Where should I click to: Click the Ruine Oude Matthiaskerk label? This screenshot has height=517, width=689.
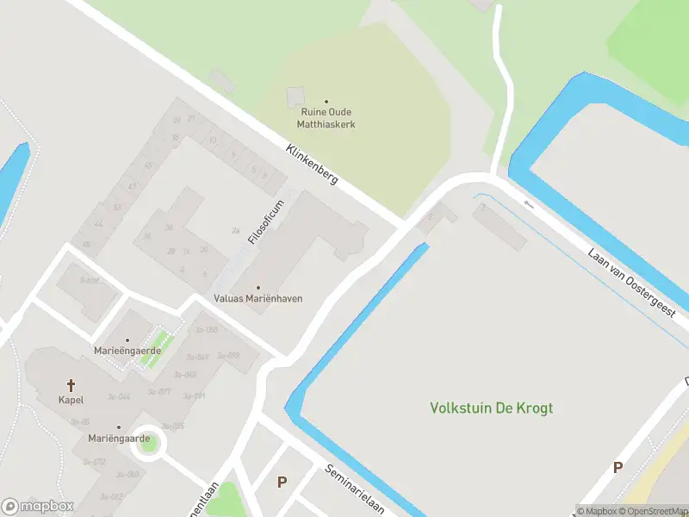[x=326, y=118]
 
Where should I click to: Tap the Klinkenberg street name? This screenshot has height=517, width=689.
[x=312, y=167]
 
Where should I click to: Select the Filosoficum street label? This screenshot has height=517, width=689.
[x=266, y=221]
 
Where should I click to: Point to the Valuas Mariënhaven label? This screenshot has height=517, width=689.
[x=258, y=298]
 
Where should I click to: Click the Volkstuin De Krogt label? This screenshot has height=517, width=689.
[x=492, y=408]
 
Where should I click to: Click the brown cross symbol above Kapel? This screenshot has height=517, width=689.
[x=71, y=385]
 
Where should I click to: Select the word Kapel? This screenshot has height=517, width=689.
[x=71, y=401]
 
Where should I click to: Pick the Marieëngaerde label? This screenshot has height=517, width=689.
[x=127, y=351]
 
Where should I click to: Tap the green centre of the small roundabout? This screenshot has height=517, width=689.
[x=149, y=443]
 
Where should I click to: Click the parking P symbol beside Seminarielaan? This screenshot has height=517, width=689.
[x=282, y=483]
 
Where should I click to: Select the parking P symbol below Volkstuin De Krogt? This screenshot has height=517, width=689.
[x=617, y=468]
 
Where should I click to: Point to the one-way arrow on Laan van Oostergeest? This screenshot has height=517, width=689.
[x=529, y=204]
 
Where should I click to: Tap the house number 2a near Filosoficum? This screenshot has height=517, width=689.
[x=235, y=231]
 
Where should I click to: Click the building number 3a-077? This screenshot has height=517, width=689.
[x=159, y=392]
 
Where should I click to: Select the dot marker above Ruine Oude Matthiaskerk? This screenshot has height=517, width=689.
[x=326, y=102]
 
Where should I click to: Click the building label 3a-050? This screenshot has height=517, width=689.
[x=206, y=330]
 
